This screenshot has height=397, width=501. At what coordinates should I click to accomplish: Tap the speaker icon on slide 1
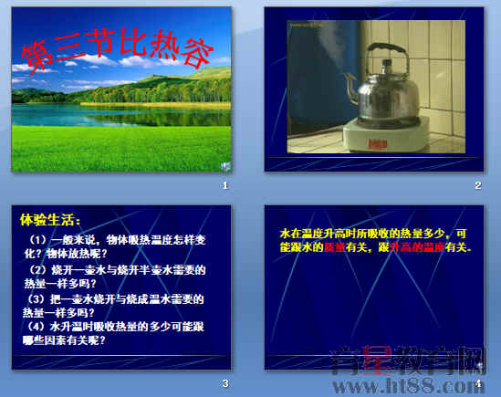(225, 165)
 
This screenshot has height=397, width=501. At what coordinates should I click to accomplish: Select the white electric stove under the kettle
(384, 140)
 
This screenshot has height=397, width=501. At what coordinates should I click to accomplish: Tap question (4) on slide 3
(114, 333)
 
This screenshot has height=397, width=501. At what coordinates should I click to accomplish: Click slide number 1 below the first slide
(224, 185)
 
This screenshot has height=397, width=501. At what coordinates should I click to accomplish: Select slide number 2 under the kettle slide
(476, 185)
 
